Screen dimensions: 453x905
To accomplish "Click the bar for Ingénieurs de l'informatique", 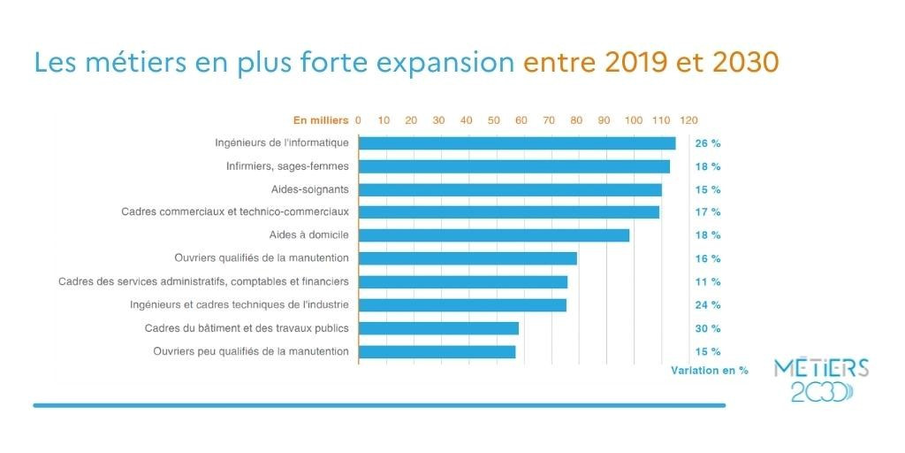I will (517, 143).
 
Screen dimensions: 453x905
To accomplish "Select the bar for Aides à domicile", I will (494, 235).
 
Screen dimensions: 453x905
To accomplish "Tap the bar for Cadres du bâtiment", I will (438, 328).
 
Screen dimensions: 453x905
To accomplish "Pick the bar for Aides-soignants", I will (510, 189).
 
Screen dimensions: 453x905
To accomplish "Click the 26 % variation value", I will (708, 143).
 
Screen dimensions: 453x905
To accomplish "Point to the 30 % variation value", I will (708, 328).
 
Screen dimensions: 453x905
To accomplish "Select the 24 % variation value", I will (708, 305).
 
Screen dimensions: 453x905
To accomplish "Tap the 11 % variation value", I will (708, 282).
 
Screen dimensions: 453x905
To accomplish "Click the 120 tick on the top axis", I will (688, 119).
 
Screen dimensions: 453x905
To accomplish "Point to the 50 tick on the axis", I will (494, 119).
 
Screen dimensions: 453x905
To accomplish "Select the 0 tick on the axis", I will (358, 119).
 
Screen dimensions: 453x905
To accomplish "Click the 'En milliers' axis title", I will (322, 119).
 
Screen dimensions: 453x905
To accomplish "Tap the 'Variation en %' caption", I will (710, 370).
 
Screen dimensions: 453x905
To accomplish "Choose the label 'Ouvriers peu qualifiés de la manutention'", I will (251, 351).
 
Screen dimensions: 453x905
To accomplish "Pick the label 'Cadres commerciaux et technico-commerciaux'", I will (235, 212).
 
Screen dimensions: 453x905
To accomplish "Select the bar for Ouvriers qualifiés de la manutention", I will (468, 258).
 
